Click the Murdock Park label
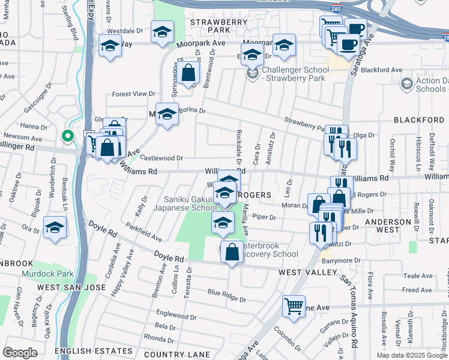[47, 274]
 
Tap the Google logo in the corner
[20, 353]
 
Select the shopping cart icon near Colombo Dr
[294, 306]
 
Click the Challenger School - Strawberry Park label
[294, 74]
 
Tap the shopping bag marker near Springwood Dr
[188, 74]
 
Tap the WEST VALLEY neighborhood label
[307, 272]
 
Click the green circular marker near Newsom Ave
[68, 136]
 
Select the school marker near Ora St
[55, 227]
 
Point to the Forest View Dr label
[134, 94]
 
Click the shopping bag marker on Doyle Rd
[232, 252]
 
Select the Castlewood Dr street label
[161, 158]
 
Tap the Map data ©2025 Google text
[411, 355]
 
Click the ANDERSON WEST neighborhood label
[388, 225]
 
